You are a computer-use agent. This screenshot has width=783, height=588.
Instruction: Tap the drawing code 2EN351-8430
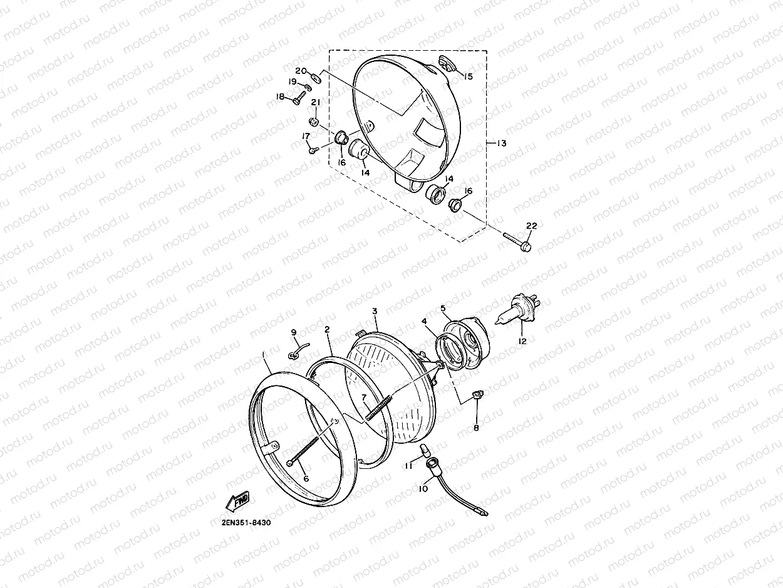246,523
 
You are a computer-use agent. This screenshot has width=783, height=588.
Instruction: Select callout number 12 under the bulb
522,341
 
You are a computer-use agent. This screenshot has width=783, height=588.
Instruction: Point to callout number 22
532,226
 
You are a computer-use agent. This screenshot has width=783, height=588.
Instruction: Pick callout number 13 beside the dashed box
502,143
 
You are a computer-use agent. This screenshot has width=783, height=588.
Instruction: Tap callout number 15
468,76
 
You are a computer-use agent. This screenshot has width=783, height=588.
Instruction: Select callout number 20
301,71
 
